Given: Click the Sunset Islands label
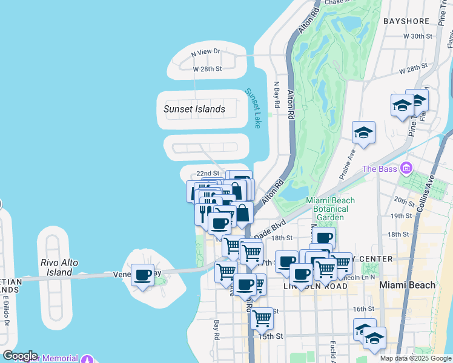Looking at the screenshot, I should [x=194, y=110].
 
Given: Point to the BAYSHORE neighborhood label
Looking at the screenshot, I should [x=406, y=21].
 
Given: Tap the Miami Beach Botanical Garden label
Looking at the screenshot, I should [x=331, y=209].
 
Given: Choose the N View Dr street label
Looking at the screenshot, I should [x=206, y=53].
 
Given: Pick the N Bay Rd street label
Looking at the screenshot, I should [x=277, y=96].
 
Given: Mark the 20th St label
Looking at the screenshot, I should [x=403, y=199].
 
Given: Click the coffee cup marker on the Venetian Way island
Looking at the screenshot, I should [x=143, y=275].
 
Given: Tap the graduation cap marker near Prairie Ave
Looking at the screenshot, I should [x=363, y=133].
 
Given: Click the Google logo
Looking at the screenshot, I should [x=20, y=356].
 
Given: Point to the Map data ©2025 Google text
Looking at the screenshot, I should [x=415, y=358].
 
